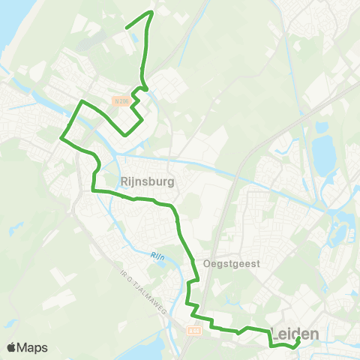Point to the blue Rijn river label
point(156,256)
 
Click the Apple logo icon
point(12,347)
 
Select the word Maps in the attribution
point(33,347)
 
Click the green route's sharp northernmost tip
point(151,12)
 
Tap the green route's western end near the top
point(125,28)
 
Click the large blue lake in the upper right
point(324,154)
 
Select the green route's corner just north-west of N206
point(82,100)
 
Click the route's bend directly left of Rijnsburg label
point(94,190)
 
